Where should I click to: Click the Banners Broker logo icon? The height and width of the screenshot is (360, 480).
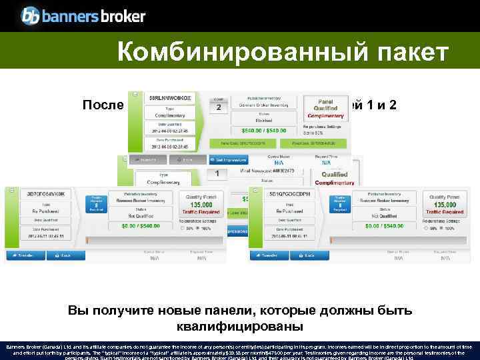pyautogui.click(x=31, y=15)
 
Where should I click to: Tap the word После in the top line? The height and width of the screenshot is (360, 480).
pyautogui.click(x=103, y=105)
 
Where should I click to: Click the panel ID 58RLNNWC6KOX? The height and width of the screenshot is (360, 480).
pyautogui.click(x=171, y=98)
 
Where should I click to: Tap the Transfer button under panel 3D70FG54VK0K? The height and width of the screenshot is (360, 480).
pyautogui.click(x=23, y=255)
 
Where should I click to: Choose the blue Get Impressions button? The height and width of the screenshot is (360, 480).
pyautogui.click(x=229, y=159)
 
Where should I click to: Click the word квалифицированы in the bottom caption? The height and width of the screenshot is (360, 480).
pyautogui.click(x=240, y=327)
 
